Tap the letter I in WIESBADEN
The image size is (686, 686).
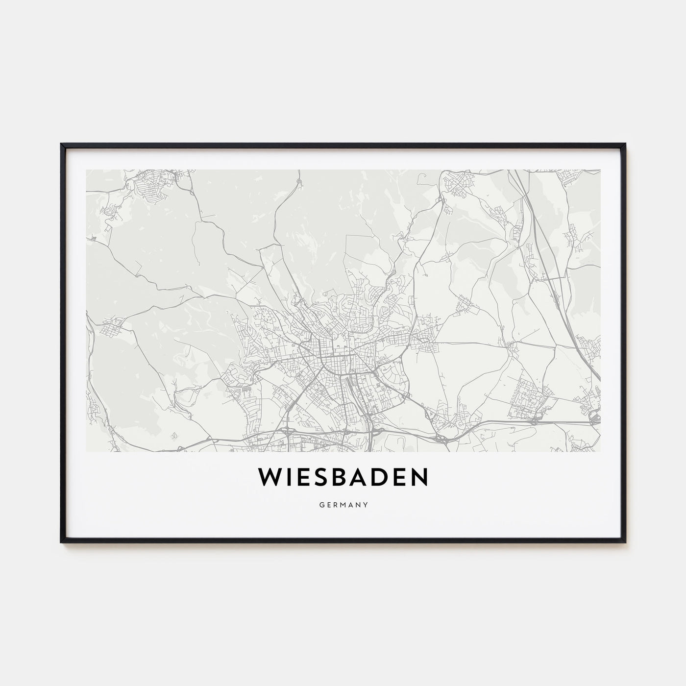pyautogui.click(x=288, y=478)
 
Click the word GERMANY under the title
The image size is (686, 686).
pyautogui.click(x=343, y=503)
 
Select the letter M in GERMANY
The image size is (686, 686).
pyautogui.click(x=343, y=503)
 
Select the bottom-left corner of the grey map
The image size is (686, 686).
pyautogui.click(x=86, y=451)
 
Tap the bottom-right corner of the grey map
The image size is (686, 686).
pyautogui.click(x=600, y=451)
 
